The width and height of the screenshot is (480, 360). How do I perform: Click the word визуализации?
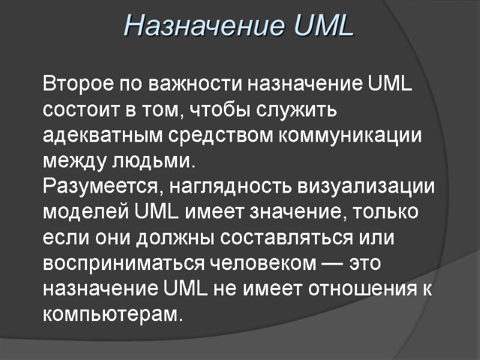tap(366, 187)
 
